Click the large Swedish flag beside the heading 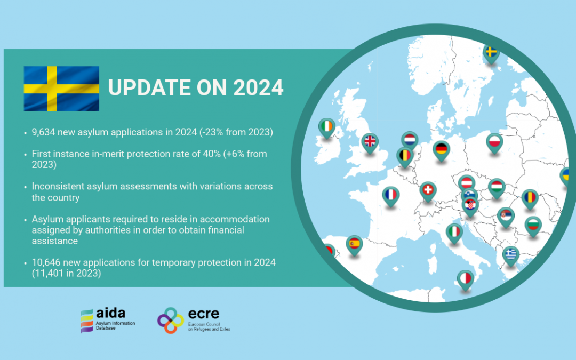(x=61, y=89)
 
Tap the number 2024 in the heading (x=258, y=88)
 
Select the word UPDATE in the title (x=149, y=88)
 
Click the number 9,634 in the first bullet (x=43, y=132)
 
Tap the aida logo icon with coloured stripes (x=87, y=321)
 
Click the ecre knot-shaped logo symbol (x=171, y=321)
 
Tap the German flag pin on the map (x=441, y=150)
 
